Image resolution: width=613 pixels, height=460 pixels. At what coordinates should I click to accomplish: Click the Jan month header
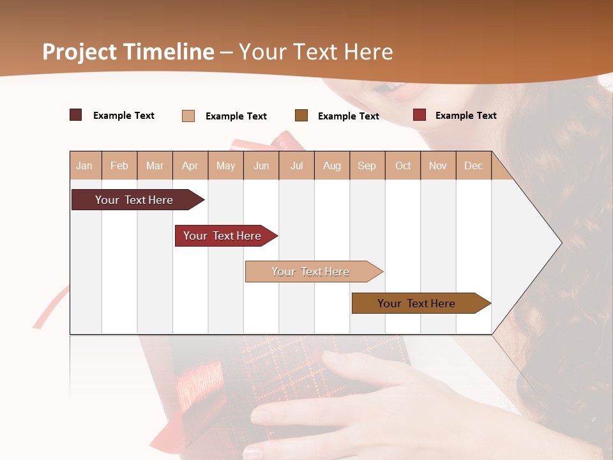[x=85, y=165]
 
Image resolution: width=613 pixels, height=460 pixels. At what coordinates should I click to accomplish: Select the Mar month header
[x=155, y=165]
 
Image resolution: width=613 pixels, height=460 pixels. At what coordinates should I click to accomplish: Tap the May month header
[x=225, y=165]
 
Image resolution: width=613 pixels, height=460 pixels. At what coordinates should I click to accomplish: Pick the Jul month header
[x=296, y=165]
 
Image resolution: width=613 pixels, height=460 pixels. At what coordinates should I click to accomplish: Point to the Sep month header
[x=367, y=165]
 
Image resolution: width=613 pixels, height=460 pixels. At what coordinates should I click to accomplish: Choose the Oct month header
[x=403, y=165]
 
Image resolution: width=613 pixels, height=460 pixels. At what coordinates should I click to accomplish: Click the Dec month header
[x=473, y=165]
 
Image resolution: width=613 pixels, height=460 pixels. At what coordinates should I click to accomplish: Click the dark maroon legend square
[x=76, y=115]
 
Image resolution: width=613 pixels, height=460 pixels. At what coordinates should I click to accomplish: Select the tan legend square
[x=188, y=116]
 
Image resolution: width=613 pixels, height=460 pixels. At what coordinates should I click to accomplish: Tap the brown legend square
[x=301, y=115]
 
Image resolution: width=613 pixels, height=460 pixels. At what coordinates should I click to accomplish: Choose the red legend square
[x=420, y=115]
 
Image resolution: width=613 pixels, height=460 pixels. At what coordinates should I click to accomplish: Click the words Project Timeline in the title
[x=128, y=52]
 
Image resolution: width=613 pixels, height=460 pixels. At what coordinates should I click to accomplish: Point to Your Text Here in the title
[x=315, y=52]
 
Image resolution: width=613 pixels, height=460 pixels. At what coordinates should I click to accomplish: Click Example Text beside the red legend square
[x=465, y=116]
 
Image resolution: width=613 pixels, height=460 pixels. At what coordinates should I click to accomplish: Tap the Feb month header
[x=119, y=165]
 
